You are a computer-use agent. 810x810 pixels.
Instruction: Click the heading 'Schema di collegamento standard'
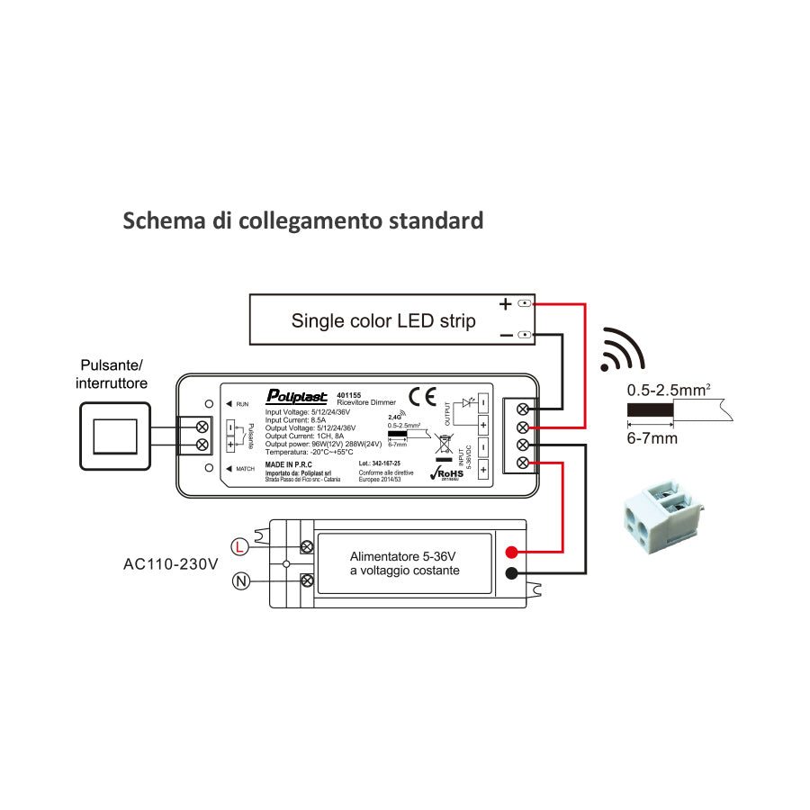point(302,220)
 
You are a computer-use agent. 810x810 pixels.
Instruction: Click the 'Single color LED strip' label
point(383,321)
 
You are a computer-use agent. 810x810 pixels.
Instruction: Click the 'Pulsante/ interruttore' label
point(112,374)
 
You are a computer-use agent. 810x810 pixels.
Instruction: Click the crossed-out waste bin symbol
point(443,445)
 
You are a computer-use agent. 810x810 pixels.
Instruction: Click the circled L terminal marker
point(239,545)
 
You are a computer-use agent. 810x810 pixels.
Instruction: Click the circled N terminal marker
point(240,581)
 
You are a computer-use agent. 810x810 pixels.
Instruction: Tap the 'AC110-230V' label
point(171,565)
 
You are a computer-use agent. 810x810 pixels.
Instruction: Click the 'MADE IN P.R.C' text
point(288,464)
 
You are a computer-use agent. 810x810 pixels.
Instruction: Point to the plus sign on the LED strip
point(505,304)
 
